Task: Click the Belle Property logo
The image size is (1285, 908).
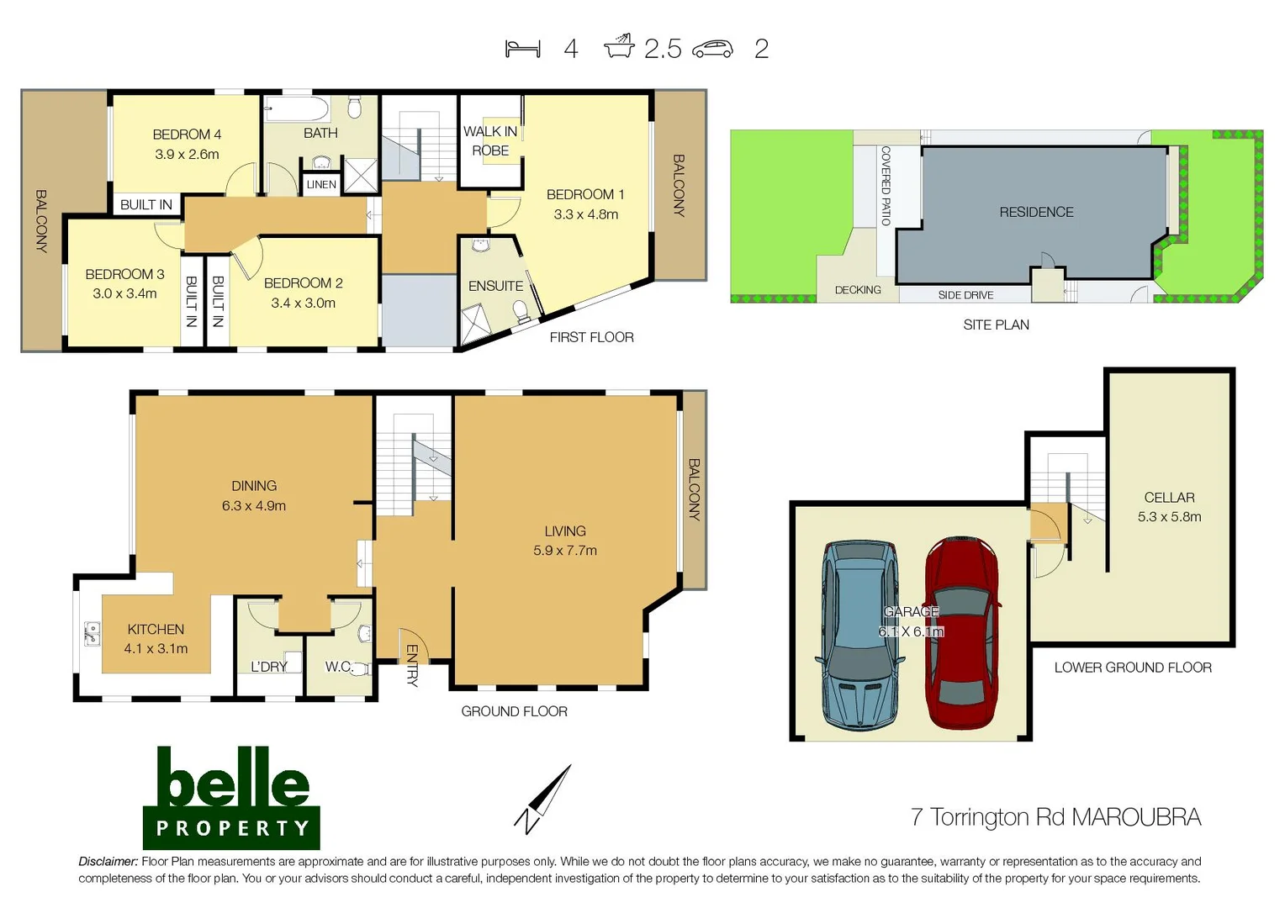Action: coord(231,797)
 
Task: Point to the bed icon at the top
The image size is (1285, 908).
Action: coord(522,49)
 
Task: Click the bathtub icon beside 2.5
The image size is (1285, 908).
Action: coord(619,47)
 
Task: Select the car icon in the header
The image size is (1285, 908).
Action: coord(712,50)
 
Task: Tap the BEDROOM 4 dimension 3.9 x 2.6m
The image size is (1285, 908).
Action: coord(187,155)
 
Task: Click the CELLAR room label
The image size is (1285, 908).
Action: coord(1169,498)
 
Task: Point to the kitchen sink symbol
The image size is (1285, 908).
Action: coord(92,633)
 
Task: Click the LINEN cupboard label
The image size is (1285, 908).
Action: coord(321,185)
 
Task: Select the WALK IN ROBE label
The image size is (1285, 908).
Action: coord(490,140)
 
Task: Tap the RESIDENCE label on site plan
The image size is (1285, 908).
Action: coord(1036,213)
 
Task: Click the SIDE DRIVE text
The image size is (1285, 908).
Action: coord(965,295)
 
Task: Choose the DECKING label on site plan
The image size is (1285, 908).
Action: coord(858,290)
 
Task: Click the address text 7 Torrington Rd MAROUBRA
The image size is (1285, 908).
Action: coord(1055,817)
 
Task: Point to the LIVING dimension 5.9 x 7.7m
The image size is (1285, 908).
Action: coord(565,551)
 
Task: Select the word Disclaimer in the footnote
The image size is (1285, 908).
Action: coord(108,862)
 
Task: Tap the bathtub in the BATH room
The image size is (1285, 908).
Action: coord(296,109)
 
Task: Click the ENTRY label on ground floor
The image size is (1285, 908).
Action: coord(412,665)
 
